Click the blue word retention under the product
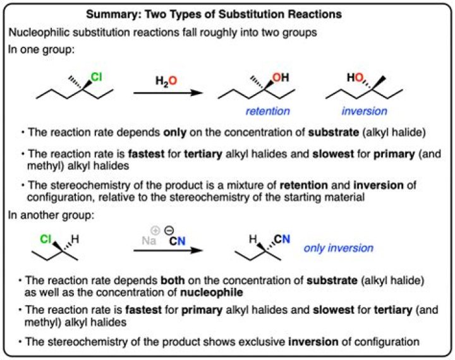coord(269,111)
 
